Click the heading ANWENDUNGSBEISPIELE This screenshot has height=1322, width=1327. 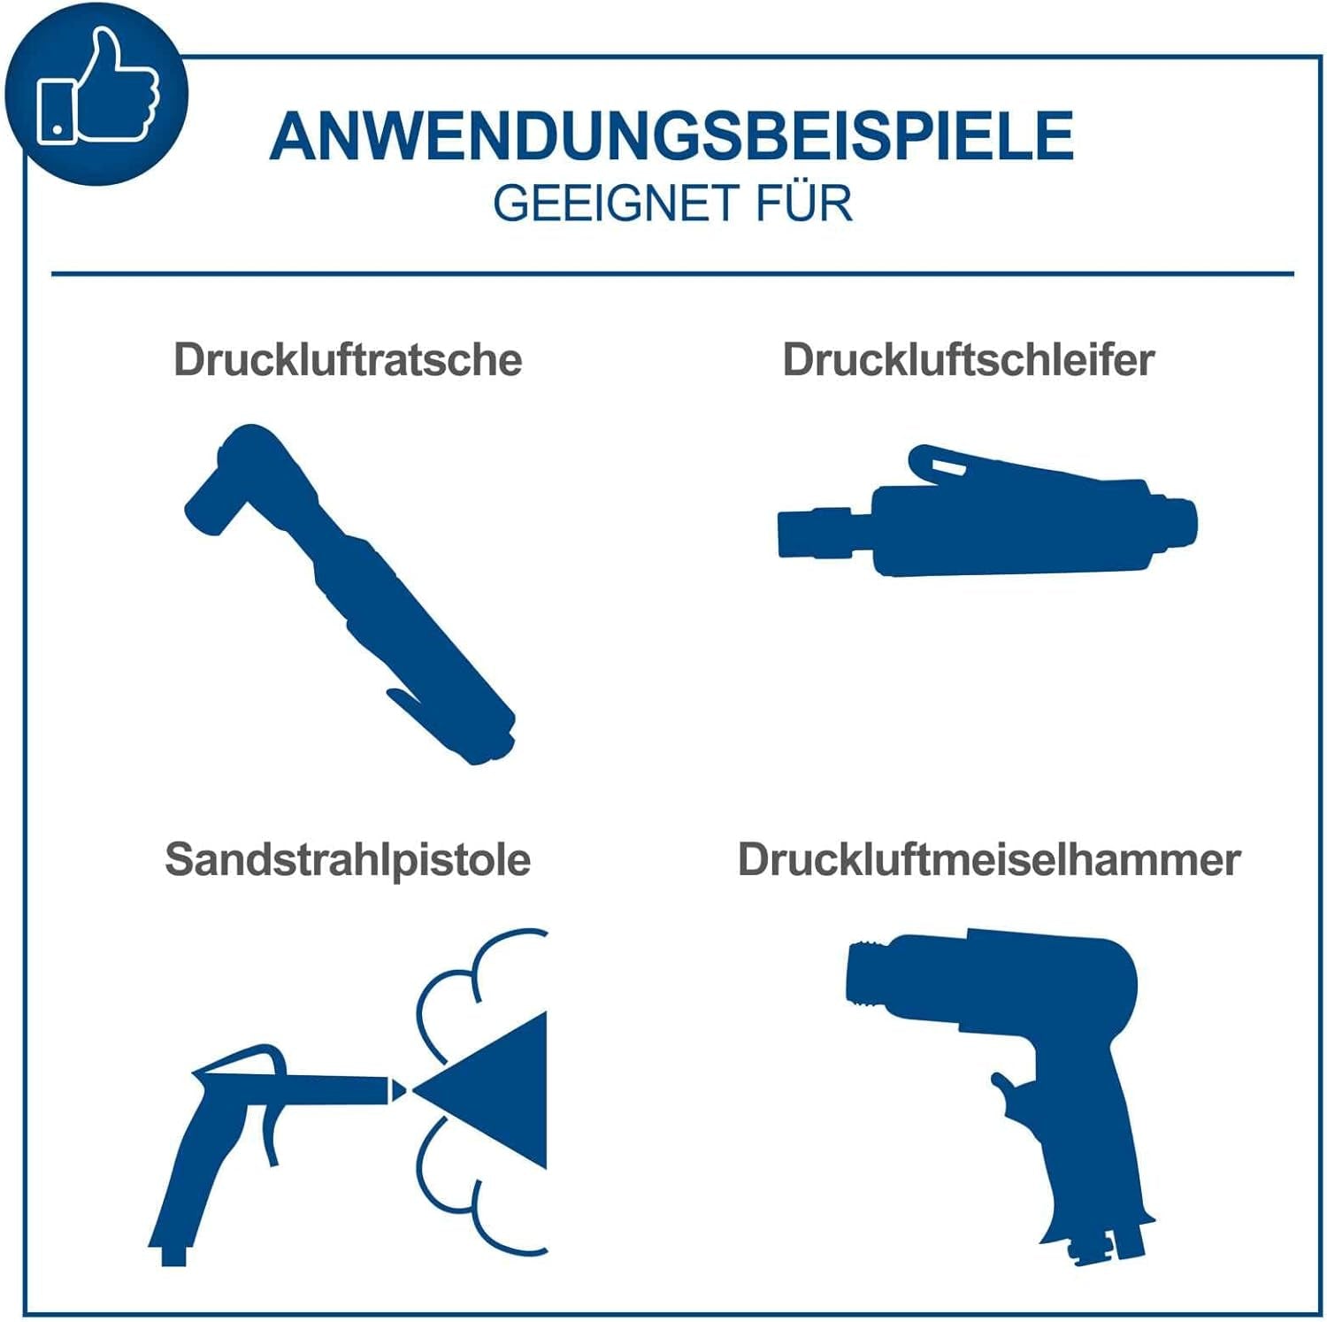coord(672,136)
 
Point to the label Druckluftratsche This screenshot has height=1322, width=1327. coord(348,360)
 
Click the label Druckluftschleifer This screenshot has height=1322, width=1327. coord(969,360)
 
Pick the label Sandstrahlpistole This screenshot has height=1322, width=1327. coord(348,861)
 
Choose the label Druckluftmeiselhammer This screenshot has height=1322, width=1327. coord(989,860)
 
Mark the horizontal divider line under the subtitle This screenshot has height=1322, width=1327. coord(672,273)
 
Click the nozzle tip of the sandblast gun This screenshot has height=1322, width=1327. coord(397,1090)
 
